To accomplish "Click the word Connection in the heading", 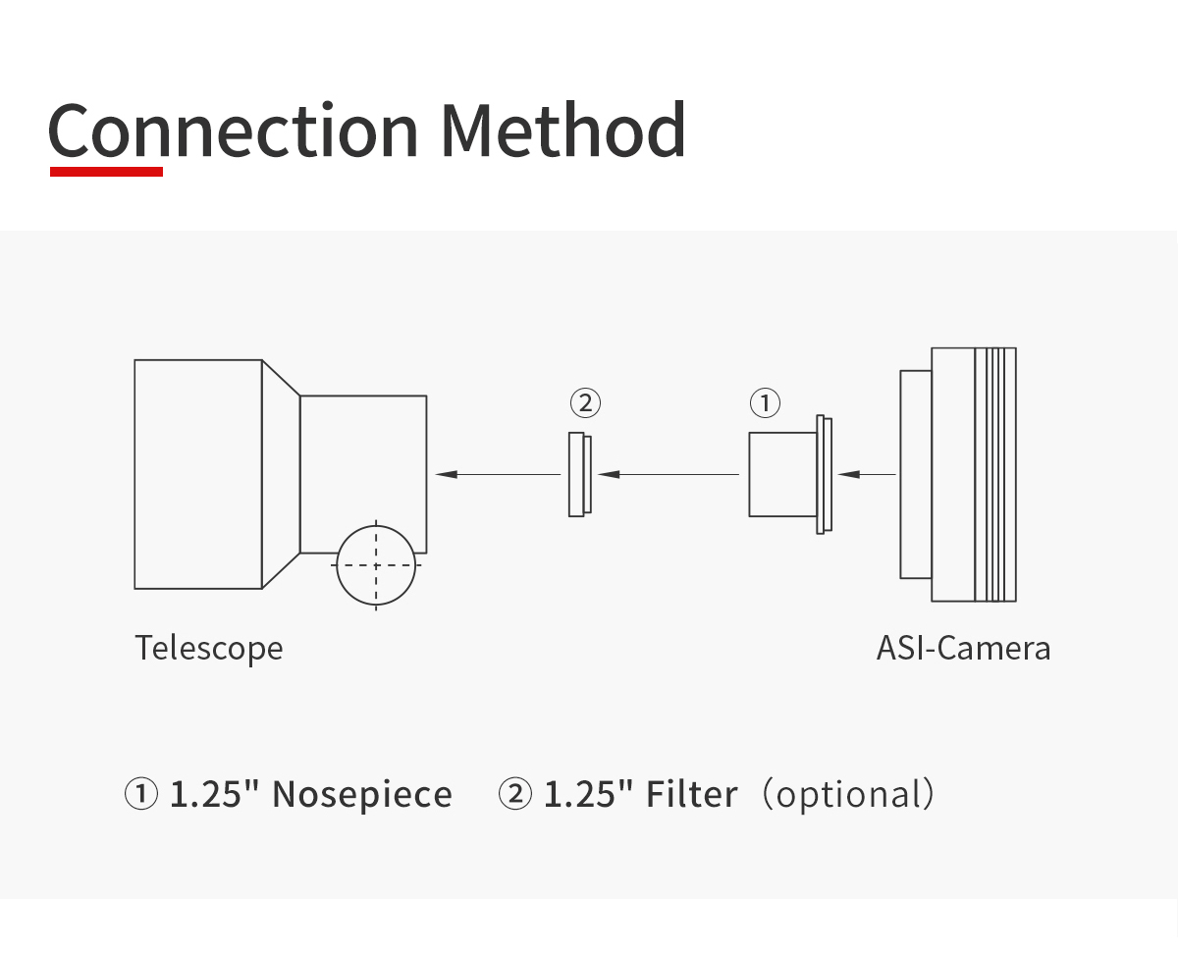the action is pyautogui.click(x=233, y=130).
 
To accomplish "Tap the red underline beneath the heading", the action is pyautogui.click(x=106, y=172).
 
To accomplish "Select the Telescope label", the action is pyautogui.click(x=209, y=649).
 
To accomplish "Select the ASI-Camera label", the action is pyautogui.click(x=963, y=648).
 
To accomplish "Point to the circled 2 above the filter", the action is pyautogui.click(x=585, y=403).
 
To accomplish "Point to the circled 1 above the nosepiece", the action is pyautogui.click(x=765, y=403).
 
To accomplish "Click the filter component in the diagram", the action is pyautogui.click(x=580, y=474).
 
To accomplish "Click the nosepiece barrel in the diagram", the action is pyautogui.click(x=783, y=474).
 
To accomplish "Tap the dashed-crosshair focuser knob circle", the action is pyautogui.click(x=376, y=565).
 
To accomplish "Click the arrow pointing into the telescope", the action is pyautogui.click(x=499, y=474).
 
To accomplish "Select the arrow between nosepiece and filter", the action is pyautogui.click(x=669, y=474).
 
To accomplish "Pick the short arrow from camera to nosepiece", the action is pyautogui.click(x=867, y=474).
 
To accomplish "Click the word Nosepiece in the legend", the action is pyautogui.click(x=362, y=795).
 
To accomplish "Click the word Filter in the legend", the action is pyautogui.click(x=691, y=794).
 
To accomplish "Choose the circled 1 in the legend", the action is pyautogui.click(x=141, y=794).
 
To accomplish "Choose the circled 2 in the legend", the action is pyautogui.click(x=515, y=794).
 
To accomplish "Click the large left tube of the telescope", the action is pyautogui.click(x=198, y=474).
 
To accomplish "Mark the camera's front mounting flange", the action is pyautogui.click(x=916, y=474).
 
